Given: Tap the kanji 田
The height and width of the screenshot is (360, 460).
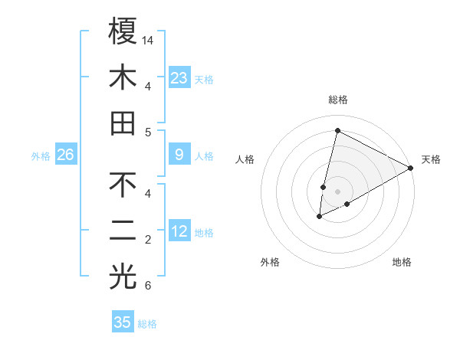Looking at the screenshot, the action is [123, 123].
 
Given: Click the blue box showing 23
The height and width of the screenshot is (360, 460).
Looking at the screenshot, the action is [179, 77].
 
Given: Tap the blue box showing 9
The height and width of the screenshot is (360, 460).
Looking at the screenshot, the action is [179, 155].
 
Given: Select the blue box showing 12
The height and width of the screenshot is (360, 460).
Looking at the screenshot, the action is [179, 231].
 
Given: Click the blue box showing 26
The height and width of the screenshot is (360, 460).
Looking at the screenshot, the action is [66, 155].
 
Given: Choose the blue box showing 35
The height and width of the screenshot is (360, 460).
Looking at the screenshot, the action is [123, 322].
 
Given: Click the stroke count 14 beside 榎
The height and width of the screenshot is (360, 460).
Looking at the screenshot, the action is [149, 39].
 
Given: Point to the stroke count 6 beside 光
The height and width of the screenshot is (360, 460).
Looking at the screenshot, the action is [148, 286].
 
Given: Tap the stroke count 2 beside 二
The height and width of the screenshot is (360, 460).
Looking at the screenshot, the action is [148, 240].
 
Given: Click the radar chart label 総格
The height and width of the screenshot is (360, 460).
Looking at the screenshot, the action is [337, 100].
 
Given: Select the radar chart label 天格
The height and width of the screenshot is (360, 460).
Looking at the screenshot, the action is [431, 159].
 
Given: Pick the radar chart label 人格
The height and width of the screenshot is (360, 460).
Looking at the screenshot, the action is [245, 159].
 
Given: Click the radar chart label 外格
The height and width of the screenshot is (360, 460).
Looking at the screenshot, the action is [270, 262].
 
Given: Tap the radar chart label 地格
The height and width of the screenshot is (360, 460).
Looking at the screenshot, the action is [402, 262].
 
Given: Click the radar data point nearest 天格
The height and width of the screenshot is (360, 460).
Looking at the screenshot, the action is [411, 168].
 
